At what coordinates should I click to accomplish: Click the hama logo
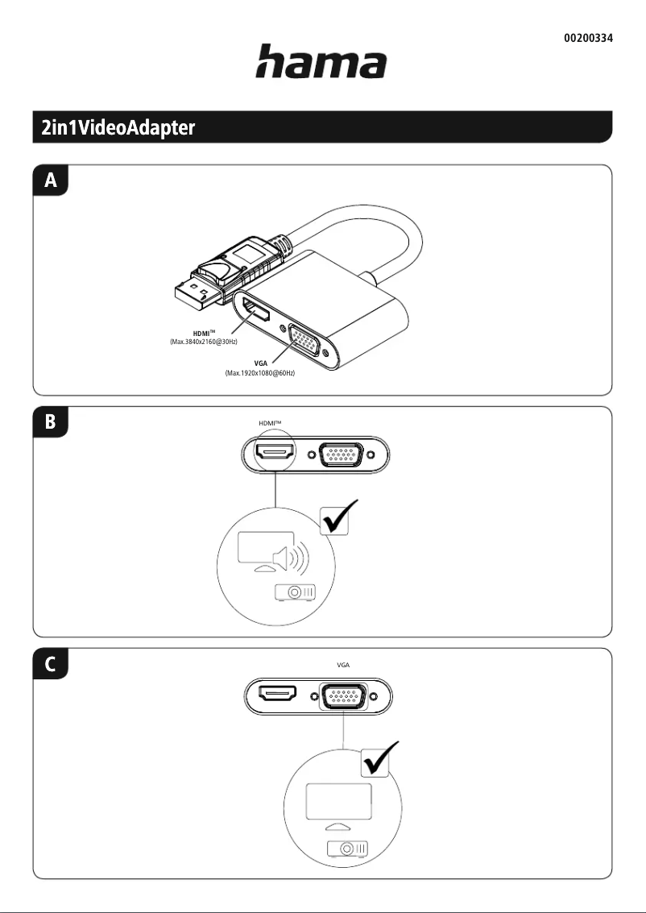pyautogui.click(x=321, y=62)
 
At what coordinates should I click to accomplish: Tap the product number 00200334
pyautogui.click(x=588, y=39)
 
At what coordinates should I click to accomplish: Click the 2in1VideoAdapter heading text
pyautogui.click(x=118, y=127)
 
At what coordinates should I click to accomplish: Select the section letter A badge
pyautogui.click(x=51, y=181)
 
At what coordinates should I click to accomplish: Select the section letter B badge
pyautogui.click(x=51, y=421)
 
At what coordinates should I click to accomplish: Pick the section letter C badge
pyautogui.click(x=51, y=664)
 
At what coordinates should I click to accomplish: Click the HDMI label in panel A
pyautogui.click(x=204, y=333)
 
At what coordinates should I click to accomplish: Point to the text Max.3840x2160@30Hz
pyautogui.click(x=204, y=342)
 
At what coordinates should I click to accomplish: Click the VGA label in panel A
pyautogui.click(x=261, y=363)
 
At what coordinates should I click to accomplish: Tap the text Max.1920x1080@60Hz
pyautogui.click(x=260, y=372)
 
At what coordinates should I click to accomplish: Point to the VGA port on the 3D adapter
pyautogui.click(x=304, y=339)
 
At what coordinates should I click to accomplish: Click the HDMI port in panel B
pyautogui.click(x=276, y=454)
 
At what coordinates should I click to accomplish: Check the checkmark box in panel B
pyautogui.click(x=339, y=517)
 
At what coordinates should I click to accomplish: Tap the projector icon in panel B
pyautogui.click(x=295, y=592)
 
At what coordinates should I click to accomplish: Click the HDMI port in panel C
pyautogui.click(x=278, y=694)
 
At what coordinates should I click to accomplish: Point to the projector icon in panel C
pyautogui.click(x=347, y=849)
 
